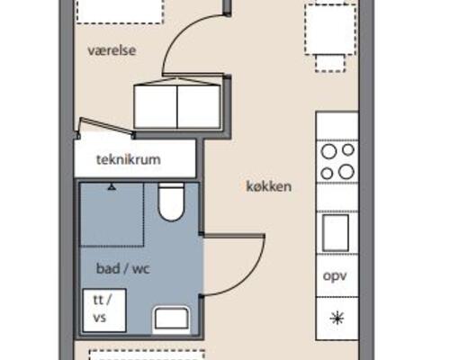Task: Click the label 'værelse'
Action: (x=112, y=51)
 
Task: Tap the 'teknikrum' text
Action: (x=128, y=160)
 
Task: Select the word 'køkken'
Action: (x=269, y=186)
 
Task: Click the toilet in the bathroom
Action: (x=171, y=202)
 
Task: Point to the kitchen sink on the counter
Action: (x=336, y=233)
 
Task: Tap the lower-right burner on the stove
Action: (x=346, y=172)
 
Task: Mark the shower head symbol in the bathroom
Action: (x=112, y=188)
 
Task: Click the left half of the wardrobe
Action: (x=155, y=106)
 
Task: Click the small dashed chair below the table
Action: (x=328, y=61)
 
